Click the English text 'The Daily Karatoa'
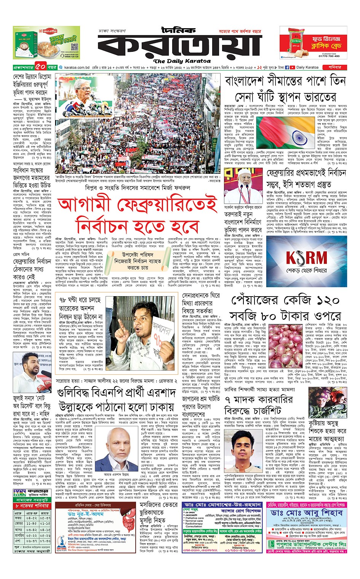pyautogui.click(x=182, y=61)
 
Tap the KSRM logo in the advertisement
pyautogui.click(x=307, y=258)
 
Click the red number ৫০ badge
pyautogui.click(x=40, y=67)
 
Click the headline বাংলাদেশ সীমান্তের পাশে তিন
pyautogui.click(x=285, y=81)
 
